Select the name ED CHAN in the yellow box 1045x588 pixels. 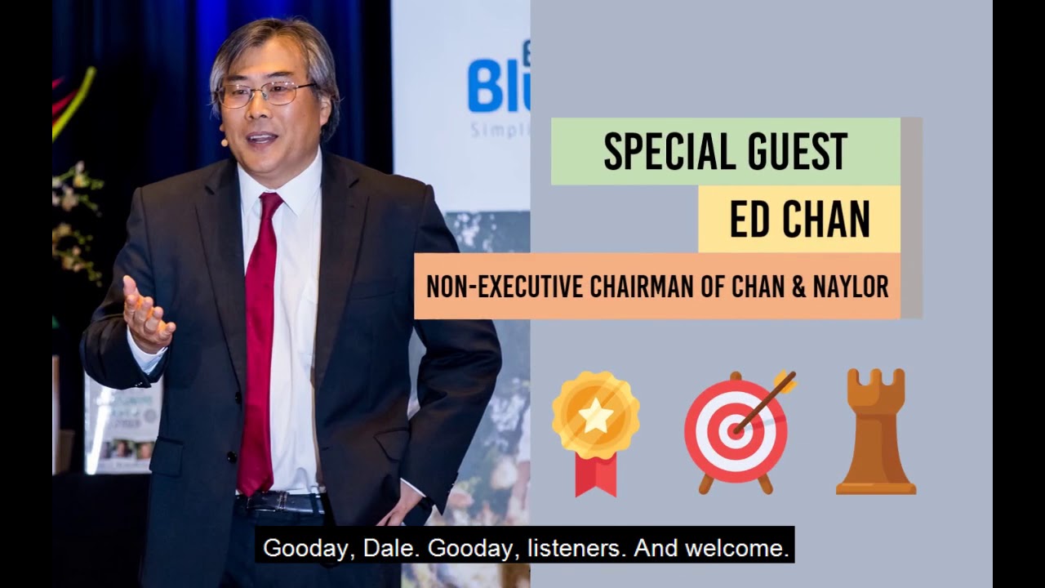coord(799,219)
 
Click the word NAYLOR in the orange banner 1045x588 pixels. coord(851,287)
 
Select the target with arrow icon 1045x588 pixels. coord(736,430)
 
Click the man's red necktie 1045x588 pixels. coord(259,343)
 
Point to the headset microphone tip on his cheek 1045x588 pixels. coord(222,141)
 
